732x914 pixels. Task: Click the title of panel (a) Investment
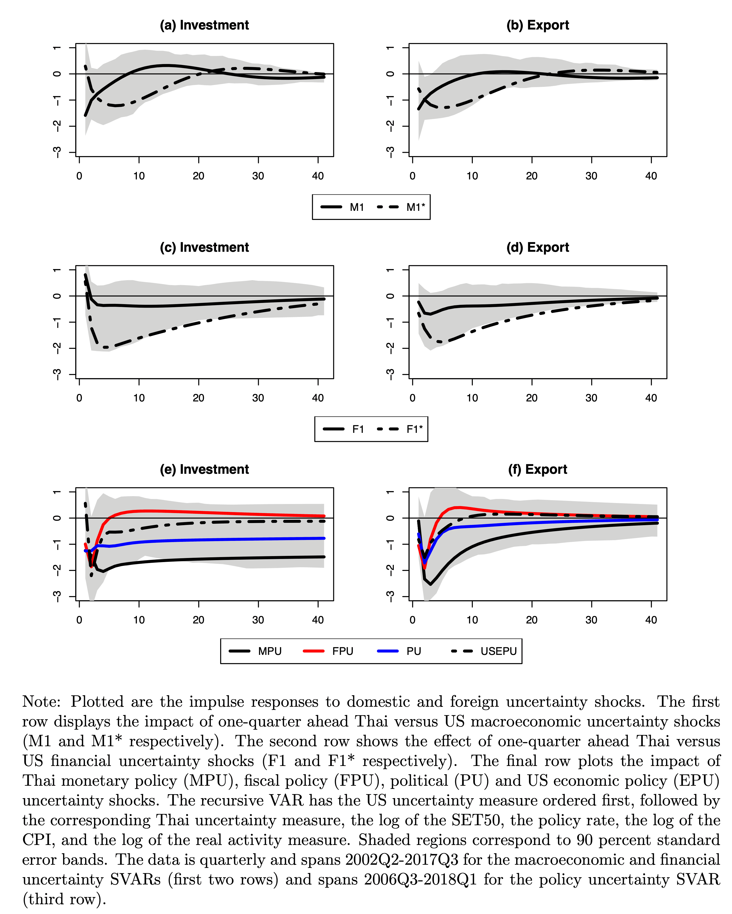click(204, 25)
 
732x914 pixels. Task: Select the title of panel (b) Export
click(538, 25)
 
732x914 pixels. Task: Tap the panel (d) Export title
click(538, 247)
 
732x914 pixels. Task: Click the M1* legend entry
click(401, 207)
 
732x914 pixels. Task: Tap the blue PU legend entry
click(399, 651)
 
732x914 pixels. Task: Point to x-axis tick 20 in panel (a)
click(199, 176)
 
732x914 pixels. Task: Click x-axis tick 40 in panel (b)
click(651, 176)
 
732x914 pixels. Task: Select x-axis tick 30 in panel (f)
click(591, 620)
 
